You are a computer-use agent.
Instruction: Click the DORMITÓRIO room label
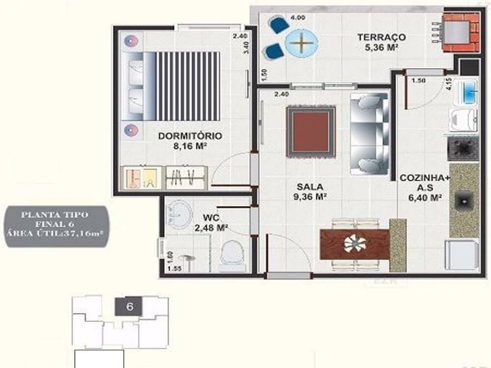pos(190,136)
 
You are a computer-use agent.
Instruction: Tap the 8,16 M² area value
pos(190,146)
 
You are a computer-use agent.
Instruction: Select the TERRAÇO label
pos(381,37)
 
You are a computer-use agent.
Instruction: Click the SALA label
pos(309,187)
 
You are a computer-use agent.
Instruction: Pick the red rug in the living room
pos(311,132)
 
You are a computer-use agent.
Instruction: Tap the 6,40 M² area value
pos(420,198)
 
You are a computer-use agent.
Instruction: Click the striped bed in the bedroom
pos(179,86)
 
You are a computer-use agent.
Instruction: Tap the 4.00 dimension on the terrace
pos(298,17)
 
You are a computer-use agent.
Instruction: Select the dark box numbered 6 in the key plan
pos(130,307)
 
